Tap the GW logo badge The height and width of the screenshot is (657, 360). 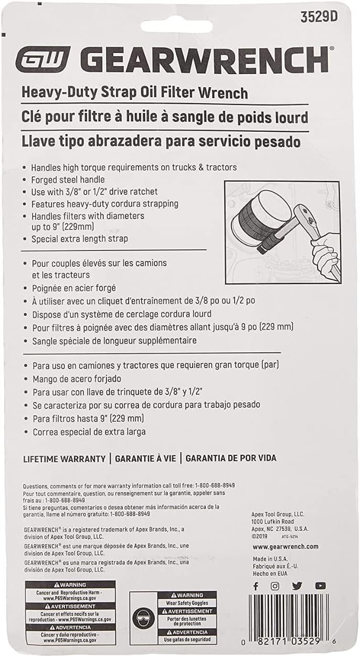43,59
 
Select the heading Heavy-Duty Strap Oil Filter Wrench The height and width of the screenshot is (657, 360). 134,93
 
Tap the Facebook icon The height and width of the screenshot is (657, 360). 256,586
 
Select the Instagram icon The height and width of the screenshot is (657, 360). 275,586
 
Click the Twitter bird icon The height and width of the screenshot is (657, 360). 297,586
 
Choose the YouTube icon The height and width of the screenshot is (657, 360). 320,586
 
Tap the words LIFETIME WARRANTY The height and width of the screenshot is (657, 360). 65,458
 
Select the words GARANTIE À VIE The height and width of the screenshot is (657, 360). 144,458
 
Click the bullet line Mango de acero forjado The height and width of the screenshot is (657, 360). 77,378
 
